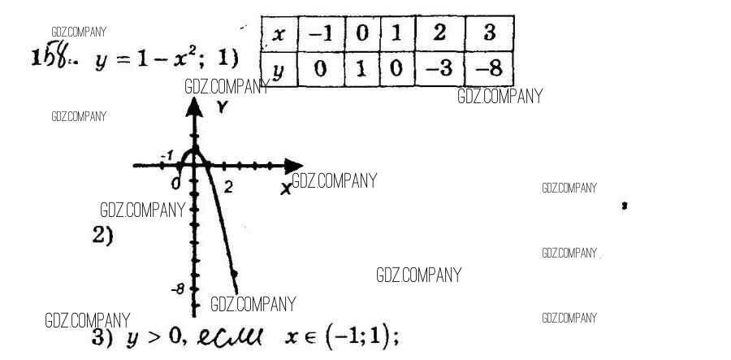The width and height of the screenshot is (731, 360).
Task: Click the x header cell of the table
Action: tap(278, 35)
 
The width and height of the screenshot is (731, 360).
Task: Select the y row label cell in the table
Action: tap(278, 70)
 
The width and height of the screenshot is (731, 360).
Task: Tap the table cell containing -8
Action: tap(491, 70)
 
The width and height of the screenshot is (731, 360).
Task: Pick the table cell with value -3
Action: tap(440, 70)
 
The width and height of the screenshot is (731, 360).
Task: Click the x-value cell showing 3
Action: tap(491, 35)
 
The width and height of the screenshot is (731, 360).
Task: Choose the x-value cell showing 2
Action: tap(440, 35)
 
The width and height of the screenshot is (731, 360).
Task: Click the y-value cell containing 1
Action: tap(361, 70)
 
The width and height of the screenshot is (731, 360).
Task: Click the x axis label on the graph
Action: tap(285, 188)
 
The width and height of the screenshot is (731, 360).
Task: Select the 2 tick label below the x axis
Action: tap(228, 188)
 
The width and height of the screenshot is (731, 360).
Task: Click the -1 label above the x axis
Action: tap(168, 154)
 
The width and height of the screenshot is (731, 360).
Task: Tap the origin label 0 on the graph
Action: tap(176, 184)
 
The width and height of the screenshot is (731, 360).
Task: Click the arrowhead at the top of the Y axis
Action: tap(194, 106)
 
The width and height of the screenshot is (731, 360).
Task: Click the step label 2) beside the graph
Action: tap(102, 236)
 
